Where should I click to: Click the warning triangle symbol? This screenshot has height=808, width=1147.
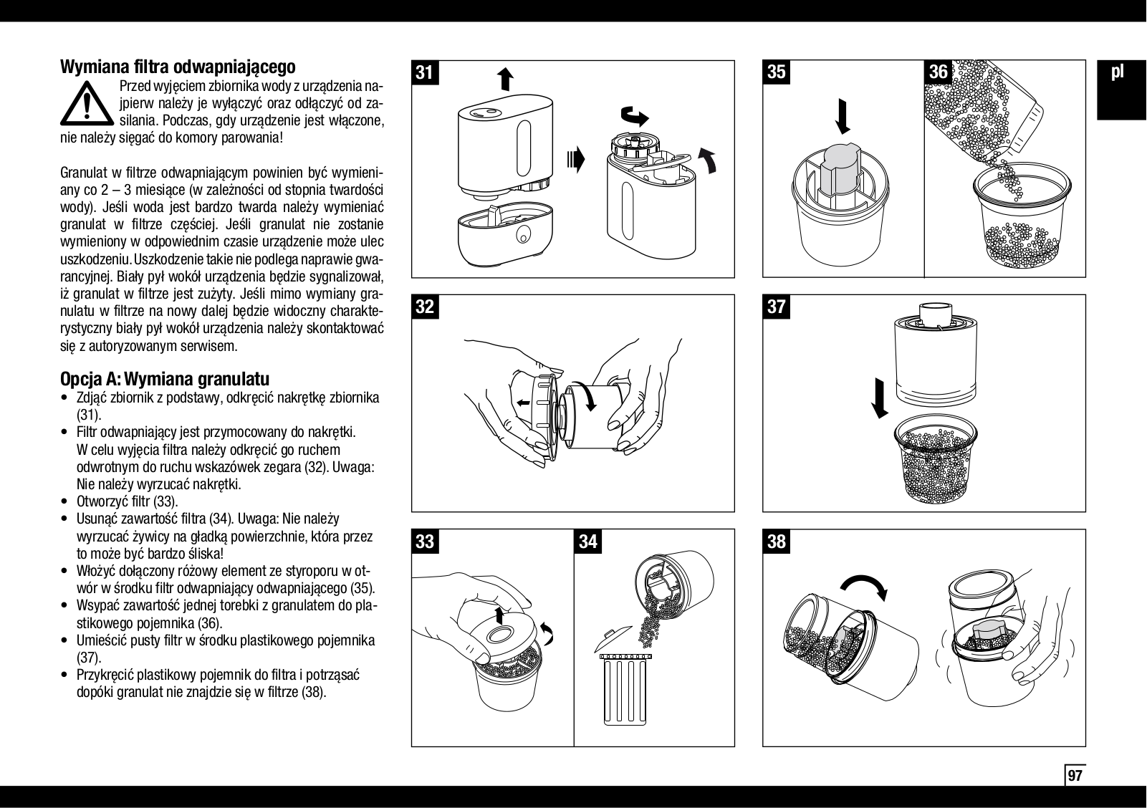point(87,105)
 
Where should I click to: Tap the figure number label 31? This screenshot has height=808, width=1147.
point(425,73)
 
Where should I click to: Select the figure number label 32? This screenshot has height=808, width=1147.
point(425,307)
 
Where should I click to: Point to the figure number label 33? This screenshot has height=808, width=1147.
point(425,542)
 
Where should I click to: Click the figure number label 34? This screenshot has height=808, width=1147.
point(588,542)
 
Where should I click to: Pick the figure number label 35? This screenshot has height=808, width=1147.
point(777,72)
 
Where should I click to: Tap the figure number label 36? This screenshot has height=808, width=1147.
point(938,72)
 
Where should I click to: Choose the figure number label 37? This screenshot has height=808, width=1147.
point(777,307)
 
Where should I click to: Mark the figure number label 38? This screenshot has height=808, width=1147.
point(777,542)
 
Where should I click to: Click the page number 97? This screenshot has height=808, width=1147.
point(1075,775)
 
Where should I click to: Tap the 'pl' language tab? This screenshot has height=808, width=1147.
point(1118,72)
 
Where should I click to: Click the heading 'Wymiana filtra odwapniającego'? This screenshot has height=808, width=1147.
point(178,67)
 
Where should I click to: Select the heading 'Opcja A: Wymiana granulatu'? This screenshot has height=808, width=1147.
point(165,379)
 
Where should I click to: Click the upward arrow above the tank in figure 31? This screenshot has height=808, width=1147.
point(505,80)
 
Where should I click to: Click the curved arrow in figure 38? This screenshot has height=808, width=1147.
point(864,585)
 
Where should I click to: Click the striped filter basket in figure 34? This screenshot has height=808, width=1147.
point(625,688)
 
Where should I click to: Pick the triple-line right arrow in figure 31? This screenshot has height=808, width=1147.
point(576,159)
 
